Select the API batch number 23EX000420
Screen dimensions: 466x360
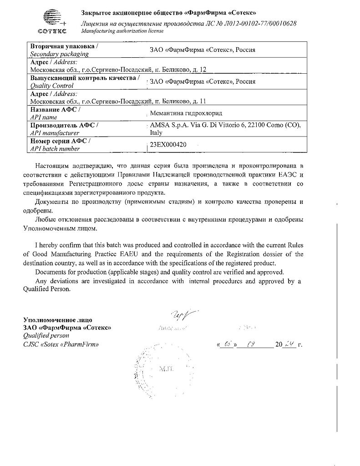(x=165, y=144)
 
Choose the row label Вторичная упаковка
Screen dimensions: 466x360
(x=63, y=46)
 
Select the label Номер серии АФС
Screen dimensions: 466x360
(x=60, y=141)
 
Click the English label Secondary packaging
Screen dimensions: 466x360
(x=59, y=54)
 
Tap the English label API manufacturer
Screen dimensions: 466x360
(x=55, y=133)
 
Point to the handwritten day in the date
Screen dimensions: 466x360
(x=228, y=344)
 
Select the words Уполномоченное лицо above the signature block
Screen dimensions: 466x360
(x=57, y=320)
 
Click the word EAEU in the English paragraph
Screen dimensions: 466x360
(x=142, y=254)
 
